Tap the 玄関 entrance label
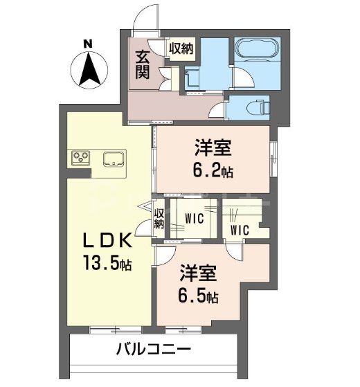pyautogui.click(x=143, y=64)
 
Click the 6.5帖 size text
pyautogui.click(x=199, y=296)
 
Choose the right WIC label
pyautogui.click(x=240, y=229)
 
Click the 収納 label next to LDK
pyautogui.click(x=159, y=218)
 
